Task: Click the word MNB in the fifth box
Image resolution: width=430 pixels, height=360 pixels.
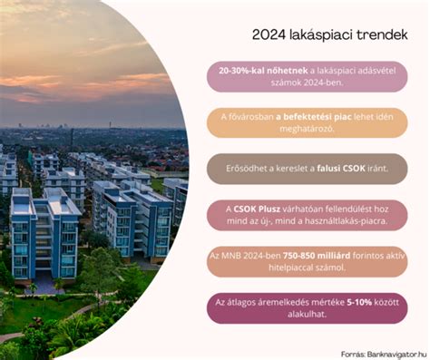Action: (239, 258)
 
